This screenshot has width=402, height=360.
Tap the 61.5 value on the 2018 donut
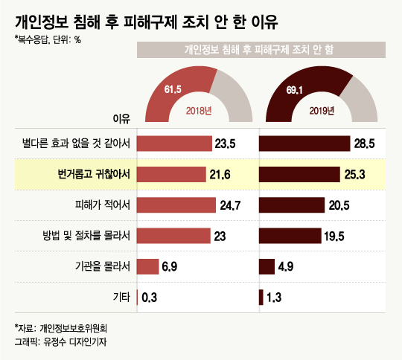tap(173, 89)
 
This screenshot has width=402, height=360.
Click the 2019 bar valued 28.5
tap(304, 144)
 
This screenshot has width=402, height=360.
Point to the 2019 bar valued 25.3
tap(298, 174)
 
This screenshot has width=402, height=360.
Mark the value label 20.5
tap(340, 205)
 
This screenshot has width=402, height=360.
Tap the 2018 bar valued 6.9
tap(148, 266)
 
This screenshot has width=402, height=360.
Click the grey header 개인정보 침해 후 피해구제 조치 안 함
tap(261, 49)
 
